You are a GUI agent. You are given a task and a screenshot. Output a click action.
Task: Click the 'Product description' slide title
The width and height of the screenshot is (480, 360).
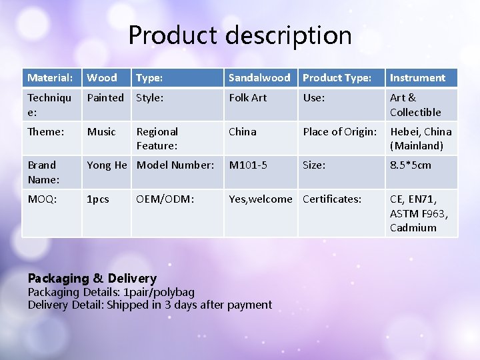[240, 35]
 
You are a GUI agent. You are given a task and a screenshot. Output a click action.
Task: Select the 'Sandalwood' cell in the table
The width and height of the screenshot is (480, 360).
[259, 78]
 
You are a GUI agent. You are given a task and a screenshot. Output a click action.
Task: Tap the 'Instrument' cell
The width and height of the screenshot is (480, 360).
[417, 78]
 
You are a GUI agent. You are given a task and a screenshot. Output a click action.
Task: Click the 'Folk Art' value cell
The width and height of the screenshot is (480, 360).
[247, 98]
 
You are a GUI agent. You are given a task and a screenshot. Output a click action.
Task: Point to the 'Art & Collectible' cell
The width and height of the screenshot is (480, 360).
[415, 105]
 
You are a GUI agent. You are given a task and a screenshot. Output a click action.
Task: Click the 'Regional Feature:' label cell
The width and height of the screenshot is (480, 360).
[157, 138]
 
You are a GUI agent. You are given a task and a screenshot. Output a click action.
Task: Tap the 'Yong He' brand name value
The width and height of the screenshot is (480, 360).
[107, 165]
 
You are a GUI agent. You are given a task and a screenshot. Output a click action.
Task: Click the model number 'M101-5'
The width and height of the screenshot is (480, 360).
[248, 165]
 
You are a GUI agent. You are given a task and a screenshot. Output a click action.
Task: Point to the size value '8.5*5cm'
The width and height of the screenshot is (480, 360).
[411, 165]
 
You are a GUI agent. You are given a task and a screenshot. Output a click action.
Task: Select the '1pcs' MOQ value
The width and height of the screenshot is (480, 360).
[99, 199]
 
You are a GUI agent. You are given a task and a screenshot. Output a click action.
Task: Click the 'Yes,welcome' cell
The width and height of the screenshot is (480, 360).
[260, 199]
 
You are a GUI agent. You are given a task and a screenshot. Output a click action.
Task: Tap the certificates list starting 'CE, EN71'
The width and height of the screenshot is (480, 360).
[419, 213]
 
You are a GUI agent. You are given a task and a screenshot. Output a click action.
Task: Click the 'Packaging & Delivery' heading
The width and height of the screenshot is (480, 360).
[92, 278]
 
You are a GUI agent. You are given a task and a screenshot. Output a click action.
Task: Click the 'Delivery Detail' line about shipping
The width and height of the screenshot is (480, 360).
[150, 305]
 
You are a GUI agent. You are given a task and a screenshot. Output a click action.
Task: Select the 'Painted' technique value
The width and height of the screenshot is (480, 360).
[105, 98]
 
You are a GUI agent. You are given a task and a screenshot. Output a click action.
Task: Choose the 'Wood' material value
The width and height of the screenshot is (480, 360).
[102, 78]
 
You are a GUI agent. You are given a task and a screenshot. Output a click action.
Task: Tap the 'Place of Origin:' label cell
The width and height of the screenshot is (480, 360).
[340, 131]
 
